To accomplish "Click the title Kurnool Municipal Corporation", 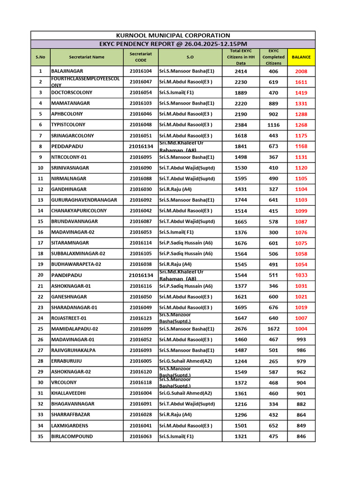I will (x=173, y=35).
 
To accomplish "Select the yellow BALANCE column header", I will (x=301, y=57).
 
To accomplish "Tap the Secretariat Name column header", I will (x=87, y=57).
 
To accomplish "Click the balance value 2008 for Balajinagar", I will (x=301, y=71).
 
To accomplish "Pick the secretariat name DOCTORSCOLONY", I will (x=72, y=93).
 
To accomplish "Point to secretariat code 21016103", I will (x=141, y=103).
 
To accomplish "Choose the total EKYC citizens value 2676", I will (x=240, y=329).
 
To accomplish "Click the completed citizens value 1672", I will (x=273, y=329).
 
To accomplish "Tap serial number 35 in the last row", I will (x=40, y=436).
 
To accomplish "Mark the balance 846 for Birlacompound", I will (x=301, y=436).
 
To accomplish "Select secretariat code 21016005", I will (x=141, y=361).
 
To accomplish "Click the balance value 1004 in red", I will (x=301, y=329).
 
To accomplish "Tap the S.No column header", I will (x=40, y=57).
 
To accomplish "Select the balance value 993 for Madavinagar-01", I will (x=301, y=339).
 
